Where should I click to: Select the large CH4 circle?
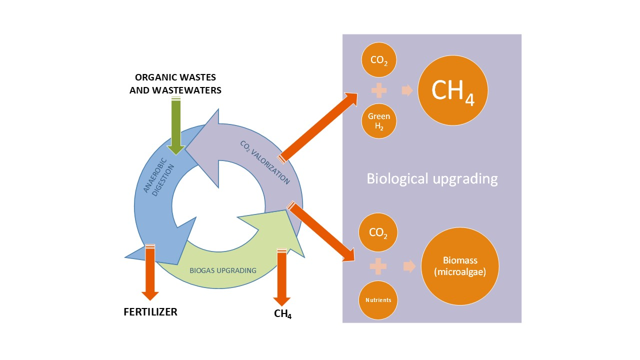click(x=452, y=90)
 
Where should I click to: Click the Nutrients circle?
click(x=378, y=300)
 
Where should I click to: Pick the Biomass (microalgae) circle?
click(x=460, y=266)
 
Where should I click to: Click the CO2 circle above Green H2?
click(x=379, y=61)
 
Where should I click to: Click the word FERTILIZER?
click(x=150, y=312)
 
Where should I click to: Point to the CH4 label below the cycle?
click(x=283, y=315)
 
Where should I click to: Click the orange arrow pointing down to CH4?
click(x=281, y=277)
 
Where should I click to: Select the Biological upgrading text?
click(x=432, y=178)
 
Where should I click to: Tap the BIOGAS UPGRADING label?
click(x=223, y=270)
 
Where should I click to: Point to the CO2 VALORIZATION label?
click(x=264, y=162)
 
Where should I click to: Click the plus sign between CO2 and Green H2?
click(x=378, y=90)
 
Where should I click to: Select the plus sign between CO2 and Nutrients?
click(x=378, y=266)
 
